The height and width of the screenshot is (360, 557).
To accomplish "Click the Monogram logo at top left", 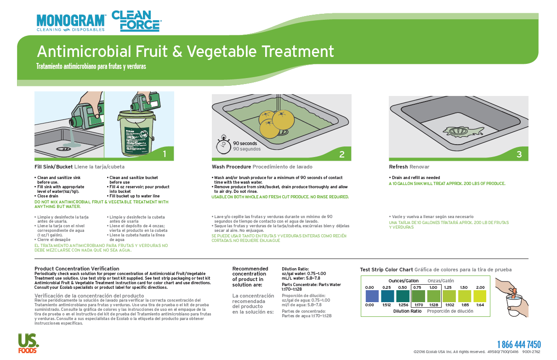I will (x=71, y=22).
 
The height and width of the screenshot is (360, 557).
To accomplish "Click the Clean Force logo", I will (x=136, y=21).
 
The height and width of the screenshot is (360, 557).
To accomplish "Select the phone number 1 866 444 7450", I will (x=519, y=344).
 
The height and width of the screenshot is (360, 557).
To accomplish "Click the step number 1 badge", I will (x=165, y=154).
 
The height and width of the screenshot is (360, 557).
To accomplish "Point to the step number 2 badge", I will (x=342, y=154).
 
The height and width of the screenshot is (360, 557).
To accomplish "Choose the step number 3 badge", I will (x=519, y=154).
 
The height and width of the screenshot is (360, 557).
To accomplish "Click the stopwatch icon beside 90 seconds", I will (x=223, y=145).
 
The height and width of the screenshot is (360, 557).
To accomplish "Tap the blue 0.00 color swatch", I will (x=369, y=296).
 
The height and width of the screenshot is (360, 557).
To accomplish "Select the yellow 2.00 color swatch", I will (x=480, y=296).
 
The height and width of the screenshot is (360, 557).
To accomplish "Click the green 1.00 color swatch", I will (x=433, y=296).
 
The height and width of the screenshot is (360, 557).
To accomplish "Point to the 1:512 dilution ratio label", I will (x=386, y=305).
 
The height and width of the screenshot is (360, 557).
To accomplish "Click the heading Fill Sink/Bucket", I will (x=53, y=167).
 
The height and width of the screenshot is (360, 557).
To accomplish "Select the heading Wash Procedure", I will (x=231, y=167).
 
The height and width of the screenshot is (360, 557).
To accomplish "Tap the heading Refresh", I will (x=398, y=167).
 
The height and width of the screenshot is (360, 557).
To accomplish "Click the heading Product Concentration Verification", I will (x=77, y=269).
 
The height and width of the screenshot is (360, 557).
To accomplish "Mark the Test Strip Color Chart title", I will (x=386, y=270).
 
